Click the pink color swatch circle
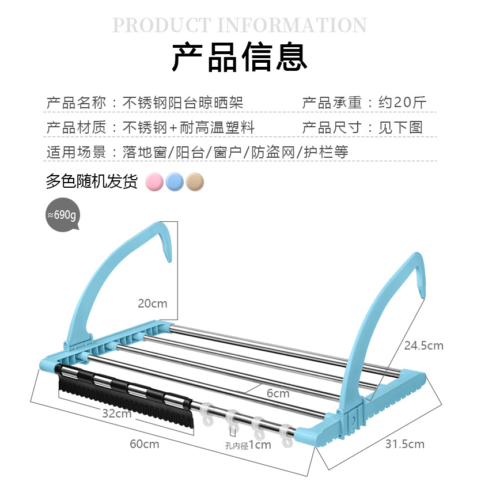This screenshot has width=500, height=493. tap(154, 182)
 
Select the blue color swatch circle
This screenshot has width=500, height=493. tap(175, 182)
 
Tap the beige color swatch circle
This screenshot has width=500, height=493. tap(195, 182)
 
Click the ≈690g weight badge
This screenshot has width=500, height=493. tap(62, 215)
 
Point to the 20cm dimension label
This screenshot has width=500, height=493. tap(153, 304)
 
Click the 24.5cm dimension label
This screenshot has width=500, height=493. tap(424, 346)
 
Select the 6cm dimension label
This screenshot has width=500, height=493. tap(278, 393)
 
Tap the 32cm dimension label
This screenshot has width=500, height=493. tap(117, 414)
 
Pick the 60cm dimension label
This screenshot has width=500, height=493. tap(145, 444)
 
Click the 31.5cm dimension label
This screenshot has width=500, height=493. tap(405, 444)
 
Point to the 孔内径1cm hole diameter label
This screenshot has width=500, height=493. tap(248, 445)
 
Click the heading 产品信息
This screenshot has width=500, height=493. tap(240, 57)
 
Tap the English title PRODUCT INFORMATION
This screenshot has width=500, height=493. tap(240, 25)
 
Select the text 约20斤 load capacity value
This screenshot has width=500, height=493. tap(403, 103)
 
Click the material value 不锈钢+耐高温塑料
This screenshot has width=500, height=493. tap(188, 127)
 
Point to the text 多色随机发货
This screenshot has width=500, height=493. tap(92, 181)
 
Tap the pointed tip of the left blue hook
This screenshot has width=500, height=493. tap(169, 261)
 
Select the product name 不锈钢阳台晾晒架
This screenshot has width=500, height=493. tap(183, 103)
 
